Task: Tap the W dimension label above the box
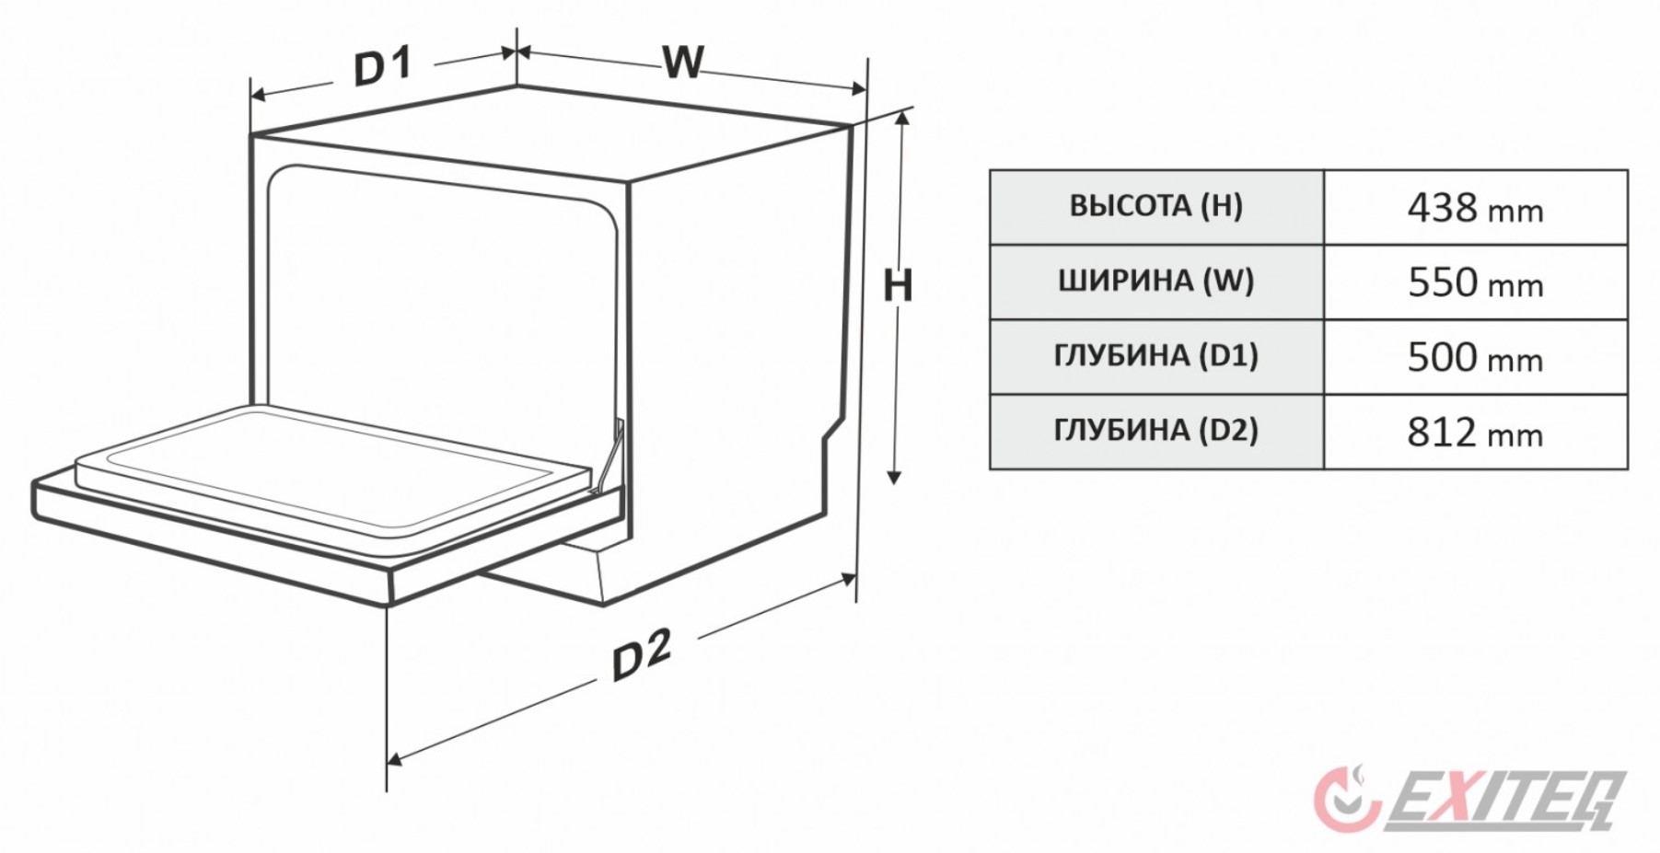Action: pyautogui.click(x=683, y=63)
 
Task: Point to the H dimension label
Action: pyautogui.click(x=897, y=286)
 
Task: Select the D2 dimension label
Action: pyautogui.click(x=642, y=655)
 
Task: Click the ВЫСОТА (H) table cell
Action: pyautogui.click(x=1155, y=206)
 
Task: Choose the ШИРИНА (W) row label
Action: pyautogui.click(x=1155, y=281)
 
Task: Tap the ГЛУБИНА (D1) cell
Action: pyautogui.click(x=1155, y=356)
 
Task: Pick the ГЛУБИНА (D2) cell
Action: pyautogui.click(x=1155, y=431)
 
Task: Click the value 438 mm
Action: pyautogui.click(x=1474, y=208)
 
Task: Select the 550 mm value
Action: pyautogui.click(x=1474, y=282)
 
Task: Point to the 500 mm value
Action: pyautogui.click(x=1474, y=357)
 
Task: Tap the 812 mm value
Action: pyautogui.click(x=1474, y=432)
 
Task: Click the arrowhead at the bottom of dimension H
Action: pyautogui.click(x=893, y=476)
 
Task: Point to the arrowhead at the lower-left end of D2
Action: pyautogui.click(x=395, y=759)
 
